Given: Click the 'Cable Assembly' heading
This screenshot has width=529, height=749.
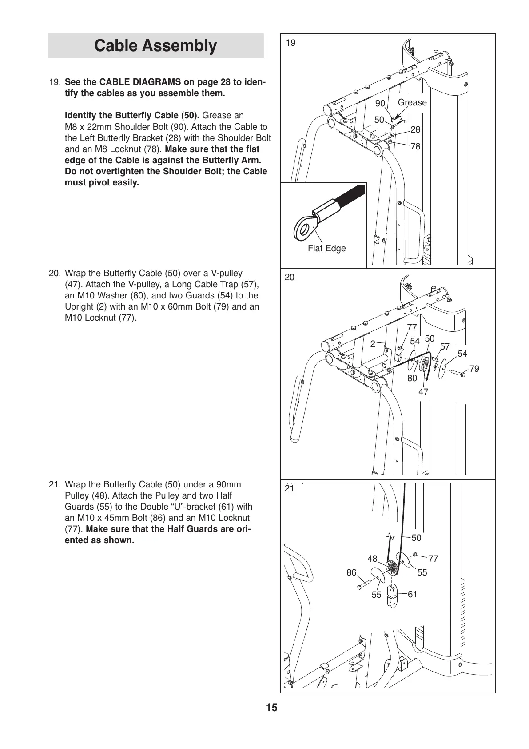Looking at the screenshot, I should pos(155,46).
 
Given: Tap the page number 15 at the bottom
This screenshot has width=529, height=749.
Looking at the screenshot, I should pos(272,708).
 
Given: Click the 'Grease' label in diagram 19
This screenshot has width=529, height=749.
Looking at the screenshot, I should pos(412,102).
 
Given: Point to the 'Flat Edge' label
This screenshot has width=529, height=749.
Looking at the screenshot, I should pos(326,249).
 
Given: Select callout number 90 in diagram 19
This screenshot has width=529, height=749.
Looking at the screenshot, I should pos(380,103).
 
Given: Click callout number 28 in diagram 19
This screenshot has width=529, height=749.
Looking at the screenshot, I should pos(415,129).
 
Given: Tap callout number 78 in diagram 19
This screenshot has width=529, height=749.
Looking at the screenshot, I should pos(415,146).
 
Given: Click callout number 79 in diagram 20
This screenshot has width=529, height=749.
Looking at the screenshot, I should pos(474,369).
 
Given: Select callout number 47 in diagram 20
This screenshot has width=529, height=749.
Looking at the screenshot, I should pos(423,392).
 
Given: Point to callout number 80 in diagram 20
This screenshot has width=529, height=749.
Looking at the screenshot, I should pos(412,378).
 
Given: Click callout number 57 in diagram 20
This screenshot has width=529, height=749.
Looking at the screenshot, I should pos(445,346).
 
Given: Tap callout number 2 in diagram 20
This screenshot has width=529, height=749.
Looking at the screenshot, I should pos(373,343).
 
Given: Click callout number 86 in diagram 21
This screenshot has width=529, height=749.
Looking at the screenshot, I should pos(351,572).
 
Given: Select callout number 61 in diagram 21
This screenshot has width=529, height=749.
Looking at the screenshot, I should pos(412,594).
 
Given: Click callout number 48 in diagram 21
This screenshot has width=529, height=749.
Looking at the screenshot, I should pos(372,559).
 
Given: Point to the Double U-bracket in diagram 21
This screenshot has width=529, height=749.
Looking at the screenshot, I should pos(392,595).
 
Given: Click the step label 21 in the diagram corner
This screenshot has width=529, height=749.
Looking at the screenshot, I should pos(290,488).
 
